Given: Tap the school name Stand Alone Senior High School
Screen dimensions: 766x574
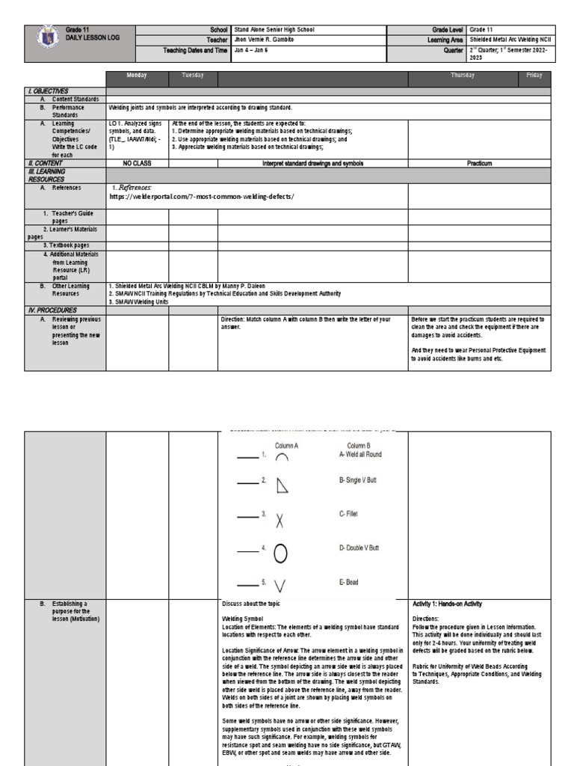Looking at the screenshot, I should (274, 30).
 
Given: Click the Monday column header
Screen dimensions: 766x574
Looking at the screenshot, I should (137, 76).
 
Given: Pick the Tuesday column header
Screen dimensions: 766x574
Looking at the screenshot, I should (193, 76).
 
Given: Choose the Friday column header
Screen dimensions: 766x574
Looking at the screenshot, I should (534, 76).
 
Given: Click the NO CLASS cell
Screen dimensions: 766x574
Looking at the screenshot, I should (137, 162).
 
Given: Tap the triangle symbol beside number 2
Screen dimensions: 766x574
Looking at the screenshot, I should (282, 486).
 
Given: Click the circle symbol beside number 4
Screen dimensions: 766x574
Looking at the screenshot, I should (281, 553).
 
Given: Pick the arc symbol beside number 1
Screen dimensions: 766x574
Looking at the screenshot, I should (282, 458).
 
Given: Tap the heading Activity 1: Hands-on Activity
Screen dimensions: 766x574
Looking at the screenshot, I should (448, 604).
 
